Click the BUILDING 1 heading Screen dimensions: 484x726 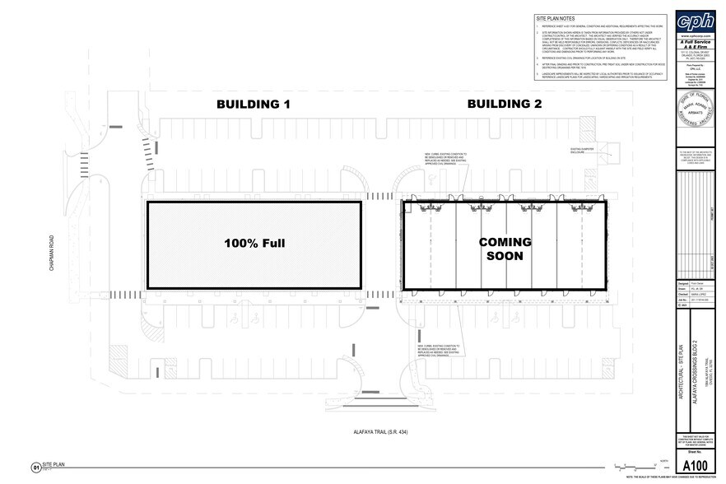pyautogui.click(x=254, y=105)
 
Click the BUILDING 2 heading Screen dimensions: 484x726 pyautogui.click(x=504, y=105)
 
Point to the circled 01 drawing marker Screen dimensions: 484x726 pyautogui.click(x=35, y=467)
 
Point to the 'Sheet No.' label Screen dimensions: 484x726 pyautogui.click(x=694, y=452)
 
